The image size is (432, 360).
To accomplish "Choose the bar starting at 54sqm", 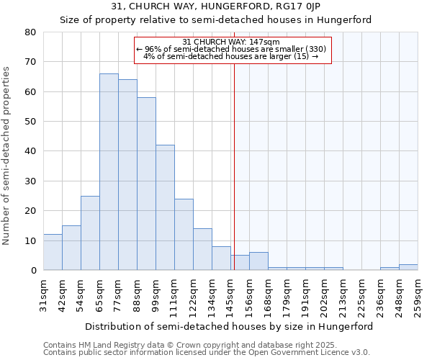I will tap(90, 233).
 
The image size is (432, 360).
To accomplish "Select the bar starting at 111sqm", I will tap(184, 235).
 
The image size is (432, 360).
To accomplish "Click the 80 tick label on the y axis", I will tap(30, 32).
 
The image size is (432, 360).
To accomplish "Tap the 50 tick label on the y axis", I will tap(30, 122).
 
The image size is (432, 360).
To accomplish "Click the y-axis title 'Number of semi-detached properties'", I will tap(7, 156).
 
